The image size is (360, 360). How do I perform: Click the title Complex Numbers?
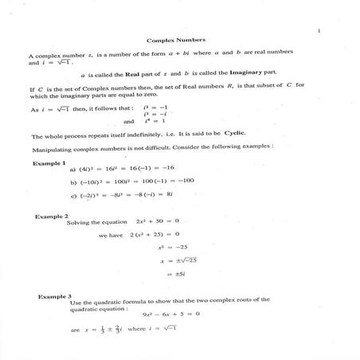(177, 39)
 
